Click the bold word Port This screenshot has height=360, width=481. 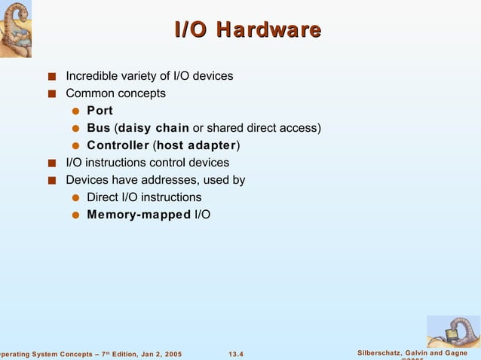click(x=100, y=111)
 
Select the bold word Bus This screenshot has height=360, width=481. click(x=98, y=128)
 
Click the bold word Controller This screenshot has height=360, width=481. click(x=118, y=145)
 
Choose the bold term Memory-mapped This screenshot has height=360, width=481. click(x=139, y=215)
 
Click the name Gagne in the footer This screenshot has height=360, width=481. click(x=461, y=353)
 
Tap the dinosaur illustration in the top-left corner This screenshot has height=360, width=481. click(x=20, y=29)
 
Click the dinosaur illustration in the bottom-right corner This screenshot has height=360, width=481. click(x=452, y=331)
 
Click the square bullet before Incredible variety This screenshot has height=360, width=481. click(x=51, y=77)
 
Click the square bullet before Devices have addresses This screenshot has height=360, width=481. click(x=51, y=181)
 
